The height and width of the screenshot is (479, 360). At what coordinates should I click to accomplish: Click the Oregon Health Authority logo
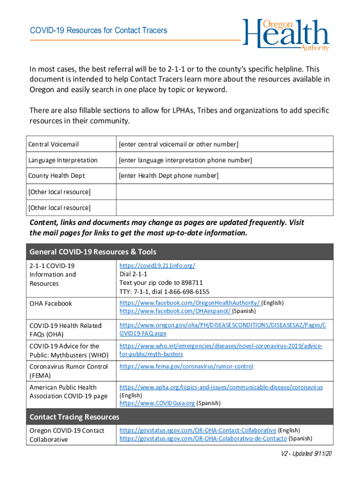click(x=286, y=35)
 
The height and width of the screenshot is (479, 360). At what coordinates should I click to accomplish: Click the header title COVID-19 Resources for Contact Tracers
click(x=98, y=30)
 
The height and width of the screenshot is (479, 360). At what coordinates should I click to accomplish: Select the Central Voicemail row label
click(x=53, y=144)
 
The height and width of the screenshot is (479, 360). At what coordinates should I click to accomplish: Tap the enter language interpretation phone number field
click(x=185, y=160)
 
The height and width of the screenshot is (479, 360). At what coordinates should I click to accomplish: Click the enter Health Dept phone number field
click(x=168, y=176)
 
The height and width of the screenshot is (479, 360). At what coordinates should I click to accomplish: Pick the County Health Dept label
click(x=57, y=176)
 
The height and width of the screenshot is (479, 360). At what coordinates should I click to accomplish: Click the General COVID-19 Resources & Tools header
click(x=93, y=252)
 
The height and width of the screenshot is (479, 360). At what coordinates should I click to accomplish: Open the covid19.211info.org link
click(x=157, y=266)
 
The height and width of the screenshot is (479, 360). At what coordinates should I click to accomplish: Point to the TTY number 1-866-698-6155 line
click(x=165, y=292)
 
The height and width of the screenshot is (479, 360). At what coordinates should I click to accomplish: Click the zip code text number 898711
click(x=191, y=283)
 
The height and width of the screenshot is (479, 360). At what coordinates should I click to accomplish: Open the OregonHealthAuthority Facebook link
click(x=189, y=303)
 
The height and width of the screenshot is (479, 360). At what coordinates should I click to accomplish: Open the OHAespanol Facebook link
click(x=175, y=311)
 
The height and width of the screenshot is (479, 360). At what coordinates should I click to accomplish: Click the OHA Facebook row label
click(x=50, y=304)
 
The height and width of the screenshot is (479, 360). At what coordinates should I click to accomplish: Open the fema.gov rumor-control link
click(x=186, y=366)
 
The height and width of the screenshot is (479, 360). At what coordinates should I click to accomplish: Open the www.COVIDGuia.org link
click(x=157, y=403)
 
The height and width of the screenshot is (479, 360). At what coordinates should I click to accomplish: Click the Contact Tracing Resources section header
click(x=74, y=417)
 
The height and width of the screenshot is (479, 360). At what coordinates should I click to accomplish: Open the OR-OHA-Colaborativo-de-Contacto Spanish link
click(x=203, y=438)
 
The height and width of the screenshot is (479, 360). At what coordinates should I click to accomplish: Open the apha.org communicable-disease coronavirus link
click(x=221, y=387)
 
